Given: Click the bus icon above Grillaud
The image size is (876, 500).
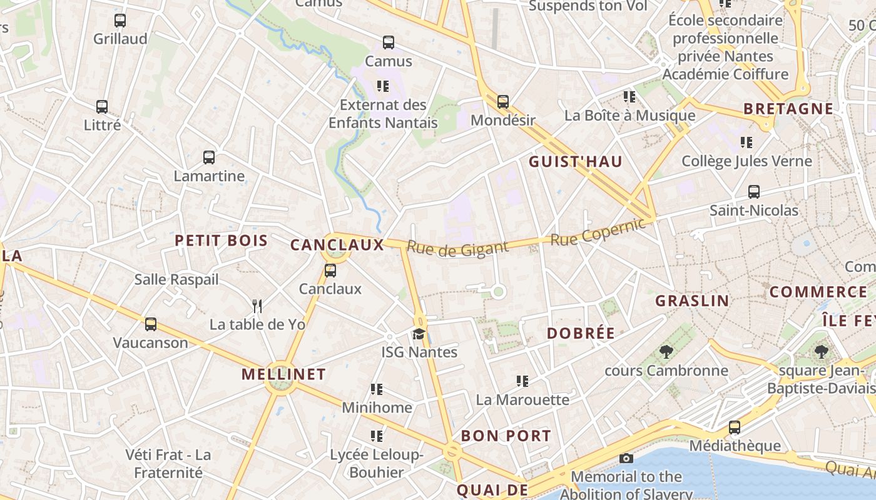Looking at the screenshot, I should click(x=120, y=21).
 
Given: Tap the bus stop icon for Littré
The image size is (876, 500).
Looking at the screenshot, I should click(x=102, y=107).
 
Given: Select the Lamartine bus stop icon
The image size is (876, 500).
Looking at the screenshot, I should click(x=209, y=157).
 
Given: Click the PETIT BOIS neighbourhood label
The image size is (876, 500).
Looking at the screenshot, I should click(x=221, y=241).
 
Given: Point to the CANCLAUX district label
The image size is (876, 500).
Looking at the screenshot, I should click(x=337, y=245).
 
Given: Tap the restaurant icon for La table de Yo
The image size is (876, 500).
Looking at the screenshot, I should click(x=257, y=306).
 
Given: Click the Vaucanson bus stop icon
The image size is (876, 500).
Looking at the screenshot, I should click(x=151, y=324).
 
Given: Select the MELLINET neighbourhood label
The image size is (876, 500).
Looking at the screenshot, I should click(x=283, y=374).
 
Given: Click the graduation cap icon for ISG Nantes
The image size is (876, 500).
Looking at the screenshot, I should click(x=419, y=334).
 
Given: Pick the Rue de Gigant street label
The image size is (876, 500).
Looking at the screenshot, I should click(x=457, y=249).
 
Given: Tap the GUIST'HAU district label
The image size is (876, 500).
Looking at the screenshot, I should click(x=576, y=162).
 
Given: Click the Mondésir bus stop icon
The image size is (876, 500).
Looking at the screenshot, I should click(x=503, y=102).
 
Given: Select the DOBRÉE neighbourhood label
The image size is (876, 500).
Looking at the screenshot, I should click(x=581, y=334).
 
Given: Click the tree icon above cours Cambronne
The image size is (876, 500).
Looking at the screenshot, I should click(x=666, y=352).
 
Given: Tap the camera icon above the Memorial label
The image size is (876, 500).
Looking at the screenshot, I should click(x=626, y=459).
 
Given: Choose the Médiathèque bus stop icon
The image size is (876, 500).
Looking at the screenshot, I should click(x=735, y=428).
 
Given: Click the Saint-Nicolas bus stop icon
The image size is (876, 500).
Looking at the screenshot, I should click(x=754, y=192).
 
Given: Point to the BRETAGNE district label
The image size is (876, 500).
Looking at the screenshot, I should click(x=788, y=109).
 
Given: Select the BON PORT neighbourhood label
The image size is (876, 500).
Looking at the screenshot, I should click(x=506, y=436).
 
